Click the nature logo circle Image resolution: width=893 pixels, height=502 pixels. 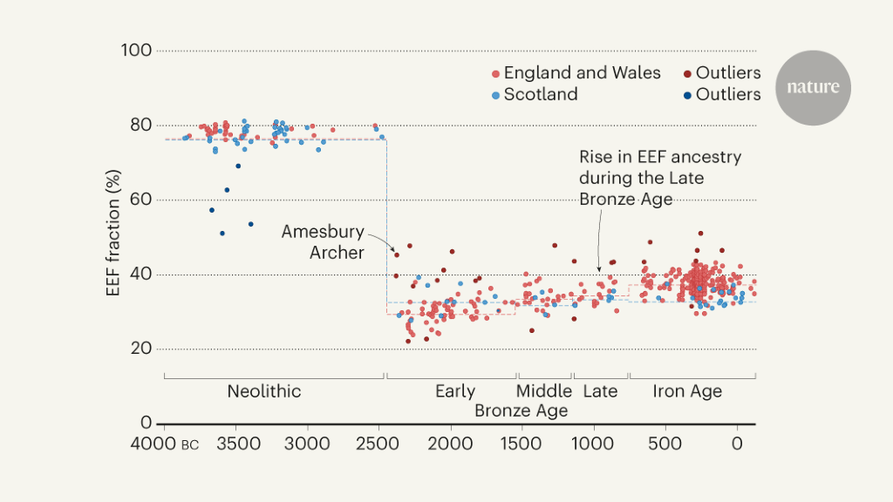[813, 87]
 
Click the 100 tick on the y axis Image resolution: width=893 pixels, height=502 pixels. [137, 51]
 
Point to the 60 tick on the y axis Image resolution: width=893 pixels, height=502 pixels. [140, 200]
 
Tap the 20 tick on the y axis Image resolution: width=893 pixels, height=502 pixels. [140, 349]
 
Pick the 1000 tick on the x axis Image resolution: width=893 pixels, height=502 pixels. [595, 444]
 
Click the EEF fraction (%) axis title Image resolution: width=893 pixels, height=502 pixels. [112, 237]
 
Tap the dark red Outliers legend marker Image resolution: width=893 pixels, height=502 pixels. [687, 74]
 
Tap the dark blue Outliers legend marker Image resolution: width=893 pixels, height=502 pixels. [687, 95]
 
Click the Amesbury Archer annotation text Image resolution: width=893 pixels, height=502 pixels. [323, 241]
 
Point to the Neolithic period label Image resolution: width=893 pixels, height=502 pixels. [263, 391]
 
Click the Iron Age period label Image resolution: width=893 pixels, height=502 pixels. [687, 391]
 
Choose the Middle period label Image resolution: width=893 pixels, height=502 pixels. [543, 391]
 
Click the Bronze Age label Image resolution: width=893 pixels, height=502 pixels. [521, 410]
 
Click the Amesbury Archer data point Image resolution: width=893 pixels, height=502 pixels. [397, 254]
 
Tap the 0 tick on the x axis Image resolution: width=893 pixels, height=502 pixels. [738, 444]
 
